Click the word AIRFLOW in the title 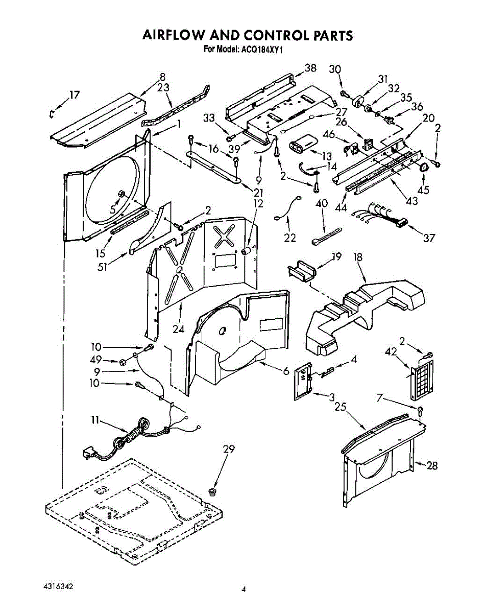174,35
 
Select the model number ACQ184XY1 260,50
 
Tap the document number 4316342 59,587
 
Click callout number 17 75,95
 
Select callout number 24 179,329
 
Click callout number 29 229,449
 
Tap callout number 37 429,238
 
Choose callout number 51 103,267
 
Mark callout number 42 391,352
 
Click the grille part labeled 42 422,380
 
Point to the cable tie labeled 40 326,236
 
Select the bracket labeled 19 302,271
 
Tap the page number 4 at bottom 243,589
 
